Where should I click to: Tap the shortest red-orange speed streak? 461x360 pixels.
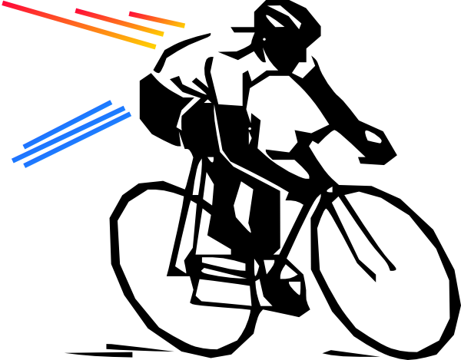(x=158, y=19)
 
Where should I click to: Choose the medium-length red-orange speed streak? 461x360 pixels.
(x=119, y=22)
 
